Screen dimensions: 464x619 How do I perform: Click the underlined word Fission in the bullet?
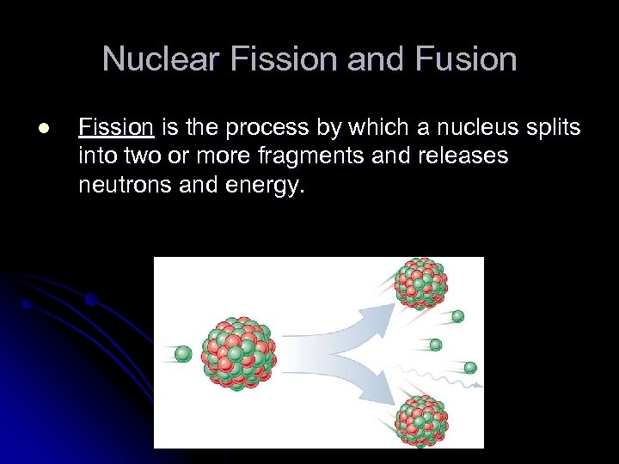[115, 129]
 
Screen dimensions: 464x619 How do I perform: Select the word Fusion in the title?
[465, 59]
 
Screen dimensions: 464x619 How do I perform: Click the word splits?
[552, 129]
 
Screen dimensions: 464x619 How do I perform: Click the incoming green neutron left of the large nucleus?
[183, 353]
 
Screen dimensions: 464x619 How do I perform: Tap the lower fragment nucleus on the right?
[420, 420]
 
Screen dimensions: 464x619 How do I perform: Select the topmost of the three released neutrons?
[457, 316]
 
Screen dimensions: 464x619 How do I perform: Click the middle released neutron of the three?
[436, 345]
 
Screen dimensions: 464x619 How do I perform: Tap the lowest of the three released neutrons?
[470, 368]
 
